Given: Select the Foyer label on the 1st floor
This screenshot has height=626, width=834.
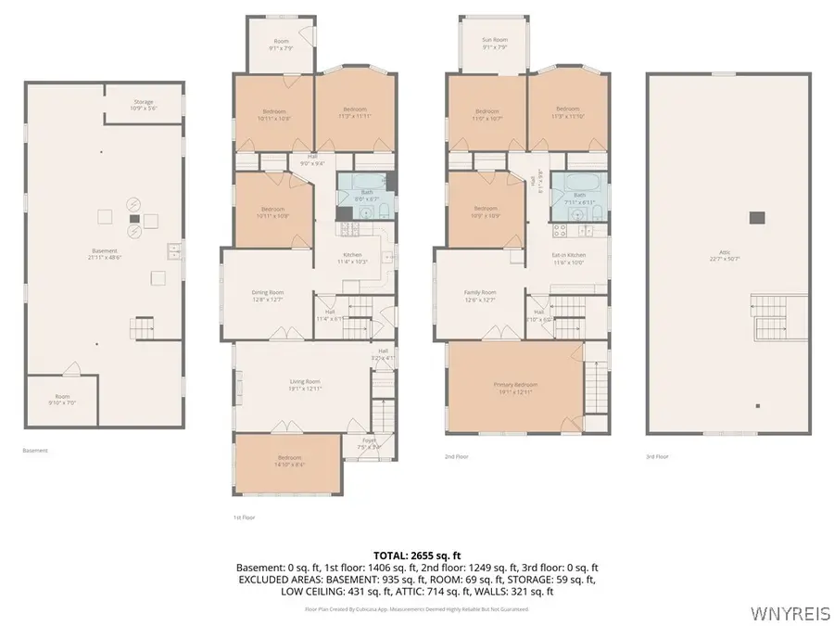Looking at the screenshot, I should pyautogui.click(x=369, y=443).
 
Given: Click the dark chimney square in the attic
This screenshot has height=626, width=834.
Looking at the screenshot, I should pyautogui.click(x=757, y=217).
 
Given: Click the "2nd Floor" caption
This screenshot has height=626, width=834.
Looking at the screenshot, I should pyautogui.click(x=458, y=456).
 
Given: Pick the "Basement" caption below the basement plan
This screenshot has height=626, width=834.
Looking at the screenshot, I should pyautogui.click(x=35, y=451).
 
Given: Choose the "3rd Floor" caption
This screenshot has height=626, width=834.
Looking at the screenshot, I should pyautogui.click(x=657, y=456).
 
